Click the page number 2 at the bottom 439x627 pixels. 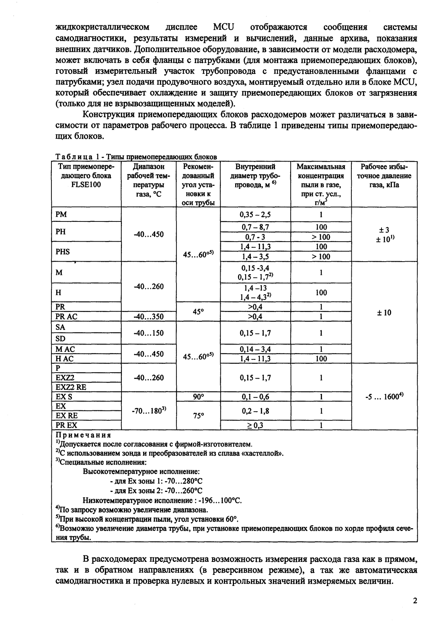click(415, 601)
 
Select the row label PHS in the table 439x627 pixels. click(63, 252)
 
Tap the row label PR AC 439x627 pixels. click(67, 317)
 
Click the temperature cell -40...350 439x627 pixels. click(148, 317)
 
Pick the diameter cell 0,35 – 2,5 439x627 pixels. click(255, 214)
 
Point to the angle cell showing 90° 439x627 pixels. click(198, 397)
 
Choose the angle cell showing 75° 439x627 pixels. click(198, 416)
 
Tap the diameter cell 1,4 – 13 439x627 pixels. click(255, 288)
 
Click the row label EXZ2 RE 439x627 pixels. click(71, 387)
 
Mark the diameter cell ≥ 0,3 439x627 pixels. click(255, 425)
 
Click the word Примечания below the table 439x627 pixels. click(83, 435)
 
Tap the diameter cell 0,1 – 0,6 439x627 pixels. click(255, 397)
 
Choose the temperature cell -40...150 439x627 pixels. click(148, 333)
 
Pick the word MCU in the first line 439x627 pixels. click(224, 27)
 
